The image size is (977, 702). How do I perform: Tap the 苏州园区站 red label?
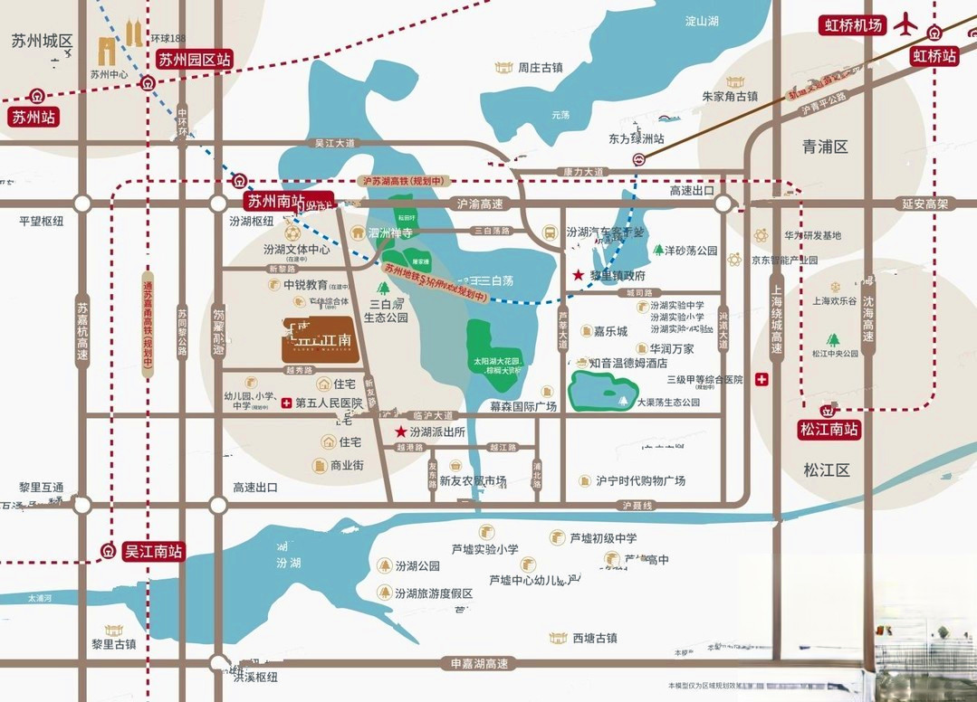tap(195, 60)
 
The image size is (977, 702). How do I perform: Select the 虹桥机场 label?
tap(852, 25)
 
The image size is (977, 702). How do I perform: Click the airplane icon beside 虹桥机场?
tap(905, 25)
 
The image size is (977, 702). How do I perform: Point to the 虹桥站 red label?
tap(934, 56)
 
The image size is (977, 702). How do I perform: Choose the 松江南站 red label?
tap(828, 430)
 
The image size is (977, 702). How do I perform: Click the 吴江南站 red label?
tap(154, 551)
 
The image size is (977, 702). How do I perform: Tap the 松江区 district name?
tap(826, 470)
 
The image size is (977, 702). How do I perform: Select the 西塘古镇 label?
tap(594, 638)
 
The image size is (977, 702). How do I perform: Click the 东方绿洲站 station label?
tap(636, 139)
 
